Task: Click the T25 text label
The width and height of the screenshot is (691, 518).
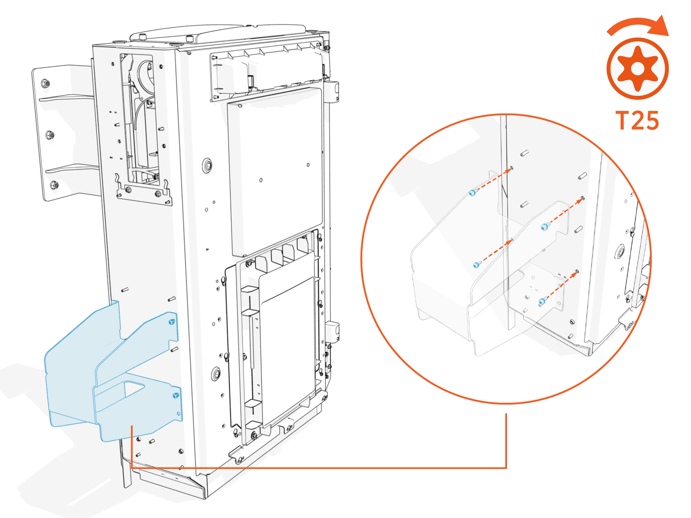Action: point(637,121)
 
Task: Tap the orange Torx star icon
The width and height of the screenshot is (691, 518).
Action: point(637,69)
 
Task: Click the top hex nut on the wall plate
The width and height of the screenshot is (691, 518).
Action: point(45,83)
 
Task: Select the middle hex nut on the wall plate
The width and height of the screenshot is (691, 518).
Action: point(50,135)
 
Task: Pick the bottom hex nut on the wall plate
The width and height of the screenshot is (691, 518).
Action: point(54,185)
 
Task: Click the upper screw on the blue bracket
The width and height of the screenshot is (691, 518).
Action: point(171,322)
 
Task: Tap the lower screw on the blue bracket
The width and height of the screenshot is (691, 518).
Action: point(175,395)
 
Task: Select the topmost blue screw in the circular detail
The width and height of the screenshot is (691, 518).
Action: point(472,193)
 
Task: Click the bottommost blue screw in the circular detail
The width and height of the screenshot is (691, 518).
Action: point(542,302)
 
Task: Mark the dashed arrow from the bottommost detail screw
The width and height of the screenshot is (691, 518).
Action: point(561,286)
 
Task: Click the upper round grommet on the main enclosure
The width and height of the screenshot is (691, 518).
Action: point(208,165)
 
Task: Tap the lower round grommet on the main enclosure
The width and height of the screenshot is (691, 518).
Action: point(216,374)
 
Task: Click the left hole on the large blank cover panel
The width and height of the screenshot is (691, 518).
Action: point(261,180)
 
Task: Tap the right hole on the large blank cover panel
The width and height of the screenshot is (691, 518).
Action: point(308,165)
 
